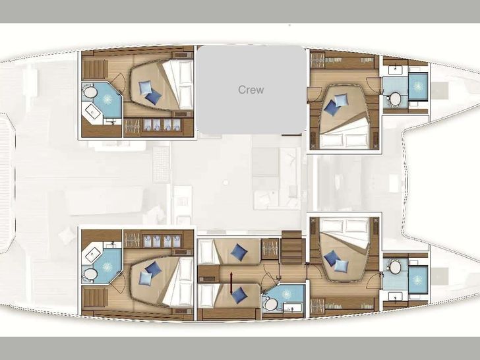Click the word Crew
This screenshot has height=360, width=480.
click(251, 90)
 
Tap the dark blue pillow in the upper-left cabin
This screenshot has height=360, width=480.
click(153, 98)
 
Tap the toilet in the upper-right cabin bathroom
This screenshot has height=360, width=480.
click(394, 100)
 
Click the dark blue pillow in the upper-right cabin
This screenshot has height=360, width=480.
click(332, 107)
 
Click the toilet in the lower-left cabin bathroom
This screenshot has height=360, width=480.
click(90, 274)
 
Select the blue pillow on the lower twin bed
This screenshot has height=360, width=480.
click(239, 295)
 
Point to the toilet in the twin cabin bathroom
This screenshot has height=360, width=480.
click(270, 305)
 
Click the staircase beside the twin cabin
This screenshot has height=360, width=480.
click(291, 249)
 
